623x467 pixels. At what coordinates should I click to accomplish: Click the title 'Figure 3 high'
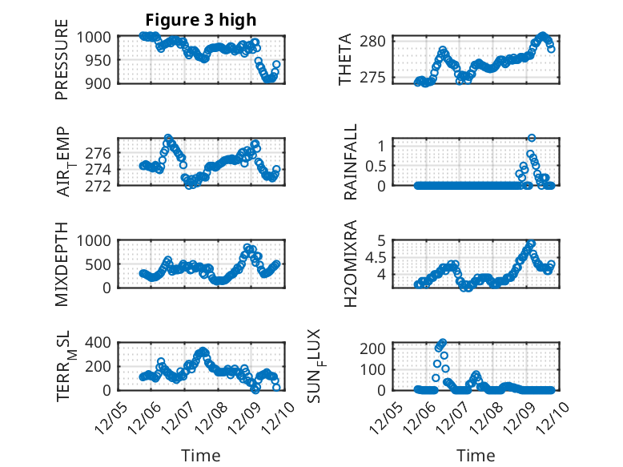point(201,20)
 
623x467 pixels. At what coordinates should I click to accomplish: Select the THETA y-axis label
point(345,59)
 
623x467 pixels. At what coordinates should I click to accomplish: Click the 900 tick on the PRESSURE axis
point(101,83)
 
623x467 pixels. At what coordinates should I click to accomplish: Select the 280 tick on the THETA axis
point(378,41)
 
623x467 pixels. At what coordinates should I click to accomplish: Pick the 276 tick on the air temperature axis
point(101,152)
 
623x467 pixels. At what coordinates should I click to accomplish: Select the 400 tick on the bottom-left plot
point(101,343)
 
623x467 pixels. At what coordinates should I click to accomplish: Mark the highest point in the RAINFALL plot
point(532,138)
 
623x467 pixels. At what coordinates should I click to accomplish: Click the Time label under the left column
point(200,456)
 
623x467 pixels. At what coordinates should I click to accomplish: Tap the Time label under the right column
point(476,456)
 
